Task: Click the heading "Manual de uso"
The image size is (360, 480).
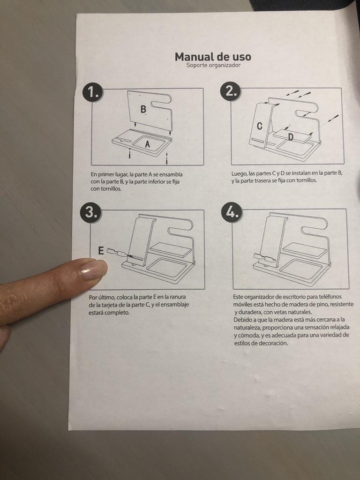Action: [x=213, y=57]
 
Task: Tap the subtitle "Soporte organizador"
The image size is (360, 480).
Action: [x=213, y=65]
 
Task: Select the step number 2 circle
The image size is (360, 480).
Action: [x=230, y=91]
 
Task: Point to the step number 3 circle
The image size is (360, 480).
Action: [x=90, y=212]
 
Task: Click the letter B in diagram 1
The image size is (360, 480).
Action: [x=143, y=109]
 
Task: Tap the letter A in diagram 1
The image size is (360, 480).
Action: [x=148, y=144]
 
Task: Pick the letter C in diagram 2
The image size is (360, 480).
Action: [x=260, y=126]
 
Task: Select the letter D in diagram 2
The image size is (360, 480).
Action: [x=291, y=137]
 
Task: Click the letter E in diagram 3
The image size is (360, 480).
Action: [x=101, y=251]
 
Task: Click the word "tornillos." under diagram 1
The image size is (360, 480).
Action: [x=106, y=189]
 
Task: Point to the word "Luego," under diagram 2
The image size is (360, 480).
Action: [x=239, y=173]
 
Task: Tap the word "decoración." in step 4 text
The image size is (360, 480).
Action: [x=273, y=343]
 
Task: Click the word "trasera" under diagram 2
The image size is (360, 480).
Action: [x=263, y=180]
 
